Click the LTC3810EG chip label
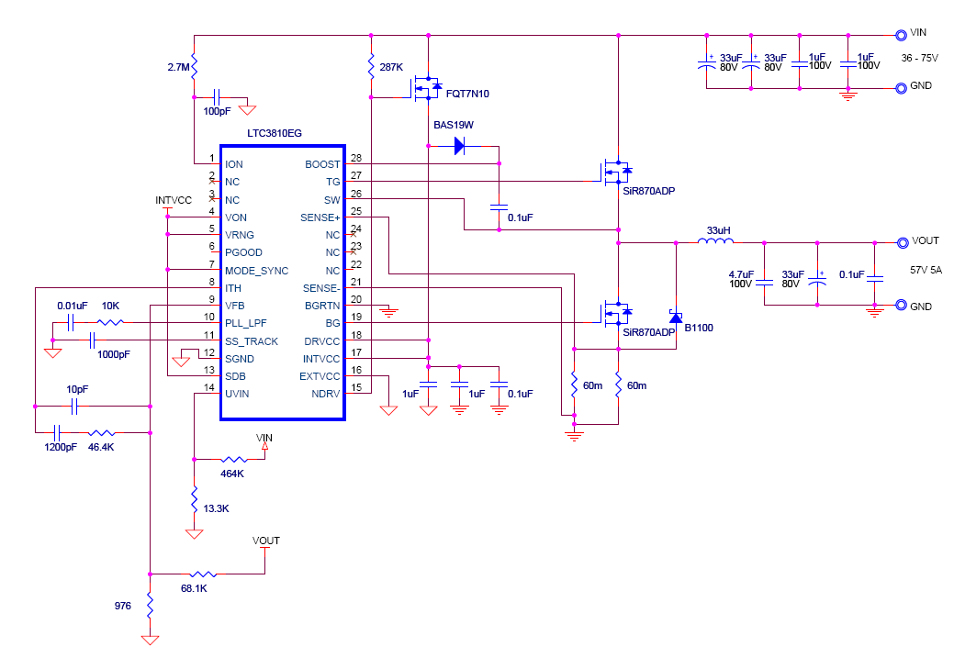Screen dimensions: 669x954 coord(275,133)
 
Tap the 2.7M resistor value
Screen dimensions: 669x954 coord(179,68)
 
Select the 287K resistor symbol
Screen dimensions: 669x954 coord(371,67)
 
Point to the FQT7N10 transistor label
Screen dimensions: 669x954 coord(467,94)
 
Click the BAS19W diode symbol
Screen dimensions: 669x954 coord(460,145)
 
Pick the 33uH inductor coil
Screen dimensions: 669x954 coord(716,242)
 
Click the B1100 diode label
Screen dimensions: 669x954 coord(698,327)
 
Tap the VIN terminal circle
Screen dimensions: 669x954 coord(901,34)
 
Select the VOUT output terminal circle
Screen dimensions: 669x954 coord(901,242)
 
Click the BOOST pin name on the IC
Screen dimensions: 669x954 coord(322,164)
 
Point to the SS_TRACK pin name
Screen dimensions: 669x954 coord(251,341)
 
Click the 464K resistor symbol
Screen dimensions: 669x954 coord(233,459)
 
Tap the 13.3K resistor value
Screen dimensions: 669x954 coord(216,507)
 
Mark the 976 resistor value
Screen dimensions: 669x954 coord(122,607)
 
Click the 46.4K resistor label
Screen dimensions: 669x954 coord(102,447)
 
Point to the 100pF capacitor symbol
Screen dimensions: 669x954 coord(218,95)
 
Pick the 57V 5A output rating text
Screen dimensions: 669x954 coord(927,272)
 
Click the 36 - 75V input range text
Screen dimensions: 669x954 coord(920,58)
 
